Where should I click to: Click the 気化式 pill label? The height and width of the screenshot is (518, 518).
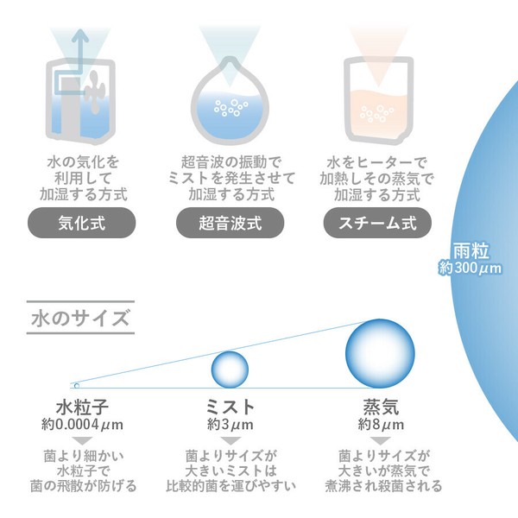(82, 223)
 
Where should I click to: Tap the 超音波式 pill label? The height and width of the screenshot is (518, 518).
(230, 223)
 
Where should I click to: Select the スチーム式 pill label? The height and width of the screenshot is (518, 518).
(377, 223)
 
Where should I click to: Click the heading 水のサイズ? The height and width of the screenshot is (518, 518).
(80, 318)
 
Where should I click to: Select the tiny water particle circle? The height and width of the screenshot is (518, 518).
(77, 386)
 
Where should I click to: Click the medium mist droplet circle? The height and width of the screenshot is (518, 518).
(230, 370)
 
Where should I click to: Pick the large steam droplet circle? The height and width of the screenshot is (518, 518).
(380, 353)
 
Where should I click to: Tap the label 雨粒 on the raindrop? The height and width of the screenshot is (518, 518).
(471, 250)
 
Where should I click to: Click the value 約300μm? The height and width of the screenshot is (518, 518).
(470, 268)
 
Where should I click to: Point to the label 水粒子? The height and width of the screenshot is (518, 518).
(82, 407)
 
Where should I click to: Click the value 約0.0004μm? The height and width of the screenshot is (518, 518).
(82, 425)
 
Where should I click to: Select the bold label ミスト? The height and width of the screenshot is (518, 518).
(230, 407)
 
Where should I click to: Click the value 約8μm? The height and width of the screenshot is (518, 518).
(381, 425)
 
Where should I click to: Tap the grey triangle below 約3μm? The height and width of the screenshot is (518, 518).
(231, 440)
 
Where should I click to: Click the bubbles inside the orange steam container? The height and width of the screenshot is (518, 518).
(376, 113)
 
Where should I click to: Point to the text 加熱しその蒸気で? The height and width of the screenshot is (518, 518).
(376, 179)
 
